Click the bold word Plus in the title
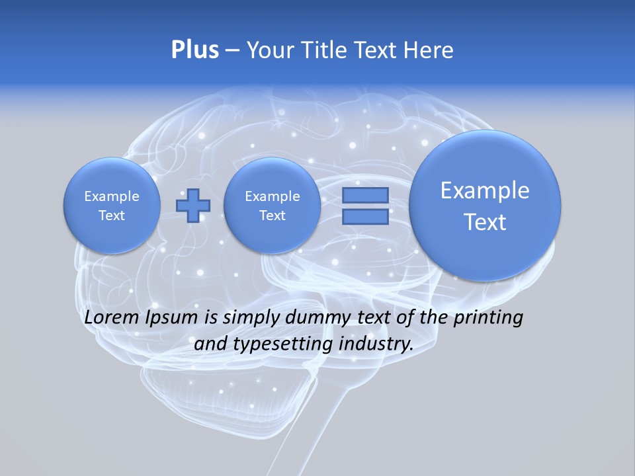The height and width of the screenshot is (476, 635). click(194, 50)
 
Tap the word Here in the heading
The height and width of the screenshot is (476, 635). click(429, 50)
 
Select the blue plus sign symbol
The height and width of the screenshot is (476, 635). click(192, 206)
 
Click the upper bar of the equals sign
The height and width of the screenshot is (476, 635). click(364, 195)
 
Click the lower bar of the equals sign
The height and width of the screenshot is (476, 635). click(364, 217)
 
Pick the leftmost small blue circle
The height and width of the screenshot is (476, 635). click(111, 206)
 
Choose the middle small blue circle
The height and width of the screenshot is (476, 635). click(272, 206)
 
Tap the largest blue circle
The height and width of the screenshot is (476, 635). click(485, 206)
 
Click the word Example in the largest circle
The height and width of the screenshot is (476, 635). click(485, 190)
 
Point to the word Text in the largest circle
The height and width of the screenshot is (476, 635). click(485, 222)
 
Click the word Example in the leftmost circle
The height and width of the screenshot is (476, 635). click(111, 196)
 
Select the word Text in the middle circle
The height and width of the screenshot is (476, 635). click(272, 216)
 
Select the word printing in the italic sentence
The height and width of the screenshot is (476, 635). click(488, 317)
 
